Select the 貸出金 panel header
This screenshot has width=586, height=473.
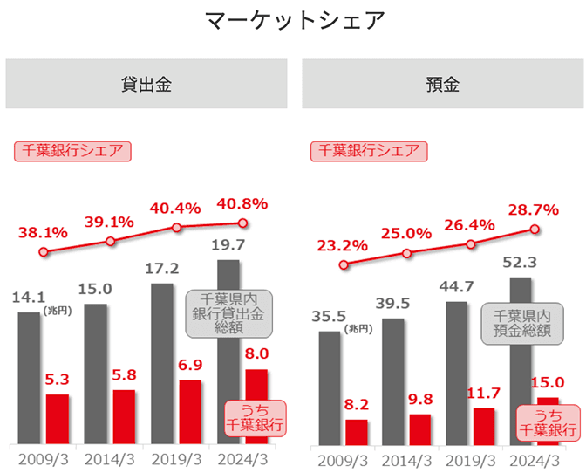pos(146,84)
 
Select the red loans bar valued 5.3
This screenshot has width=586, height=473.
pos(58,419)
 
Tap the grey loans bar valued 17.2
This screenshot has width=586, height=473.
pos(162,363)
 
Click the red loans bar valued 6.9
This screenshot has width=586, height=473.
pos(190,412)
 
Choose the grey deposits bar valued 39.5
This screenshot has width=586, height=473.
pos(393,380)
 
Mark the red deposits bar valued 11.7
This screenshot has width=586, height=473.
pos(485,425)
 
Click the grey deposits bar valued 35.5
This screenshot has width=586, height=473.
pos(330,387)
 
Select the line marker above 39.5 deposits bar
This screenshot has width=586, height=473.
pos(407,253)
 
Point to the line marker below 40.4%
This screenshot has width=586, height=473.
pos(177,227)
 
